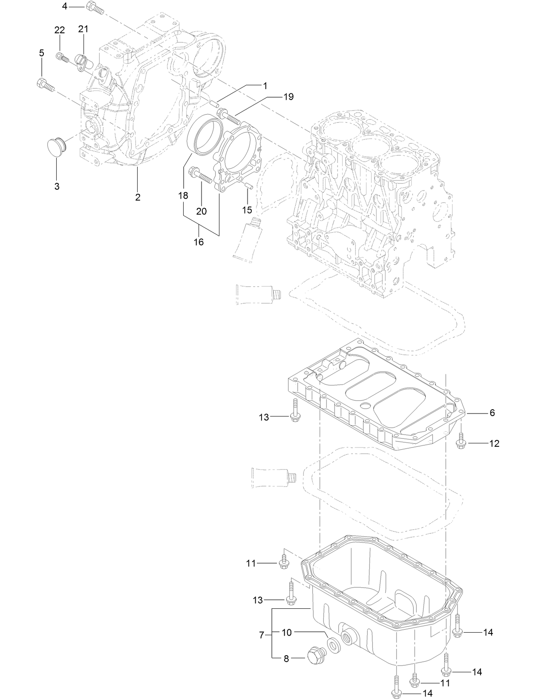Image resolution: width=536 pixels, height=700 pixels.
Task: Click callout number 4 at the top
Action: (x=64, y=6)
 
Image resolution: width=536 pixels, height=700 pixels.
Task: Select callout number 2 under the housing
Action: (x=138, y=197)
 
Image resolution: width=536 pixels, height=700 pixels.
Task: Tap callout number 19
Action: (x=288, y=97)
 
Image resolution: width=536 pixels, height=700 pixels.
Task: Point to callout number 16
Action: (x=199, y=242)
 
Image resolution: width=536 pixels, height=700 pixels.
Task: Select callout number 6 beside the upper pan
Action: (x=492, y=413)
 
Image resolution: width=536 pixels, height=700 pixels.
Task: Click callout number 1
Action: (x=265, y=86)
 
